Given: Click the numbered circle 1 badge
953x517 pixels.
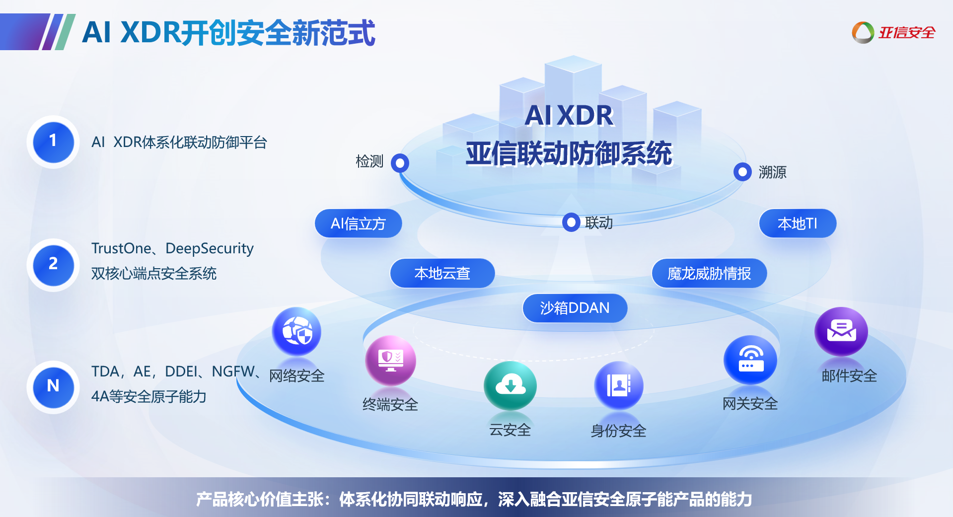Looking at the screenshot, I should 53,142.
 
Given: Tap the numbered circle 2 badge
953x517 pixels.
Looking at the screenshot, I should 53,265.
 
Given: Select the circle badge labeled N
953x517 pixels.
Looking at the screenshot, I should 53,387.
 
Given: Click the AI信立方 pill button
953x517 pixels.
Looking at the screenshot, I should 358,223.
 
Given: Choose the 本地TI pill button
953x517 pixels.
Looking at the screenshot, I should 797,223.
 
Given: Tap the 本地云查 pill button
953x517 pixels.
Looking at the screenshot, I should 442,273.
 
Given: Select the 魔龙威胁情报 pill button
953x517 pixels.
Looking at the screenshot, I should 709,273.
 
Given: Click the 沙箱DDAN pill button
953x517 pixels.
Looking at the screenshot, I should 575,308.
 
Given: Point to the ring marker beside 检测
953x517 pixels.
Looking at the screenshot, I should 400,163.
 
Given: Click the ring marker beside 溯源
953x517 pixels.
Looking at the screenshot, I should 742,172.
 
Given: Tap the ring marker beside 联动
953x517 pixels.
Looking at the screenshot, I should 571,222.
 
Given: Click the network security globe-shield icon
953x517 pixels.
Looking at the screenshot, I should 296,331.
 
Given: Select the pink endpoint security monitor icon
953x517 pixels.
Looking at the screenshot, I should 391,360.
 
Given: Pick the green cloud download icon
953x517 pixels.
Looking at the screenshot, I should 510,385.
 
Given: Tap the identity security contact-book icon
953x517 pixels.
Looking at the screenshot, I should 619,385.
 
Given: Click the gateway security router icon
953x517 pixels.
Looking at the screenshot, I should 750,360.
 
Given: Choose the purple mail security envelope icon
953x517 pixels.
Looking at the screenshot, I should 841,331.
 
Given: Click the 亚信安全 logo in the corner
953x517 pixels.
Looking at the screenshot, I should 893,33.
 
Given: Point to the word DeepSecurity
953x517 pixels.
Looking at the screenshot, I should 209,248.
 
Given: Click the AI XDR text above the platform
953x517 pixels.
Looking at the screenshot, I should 569,115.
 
